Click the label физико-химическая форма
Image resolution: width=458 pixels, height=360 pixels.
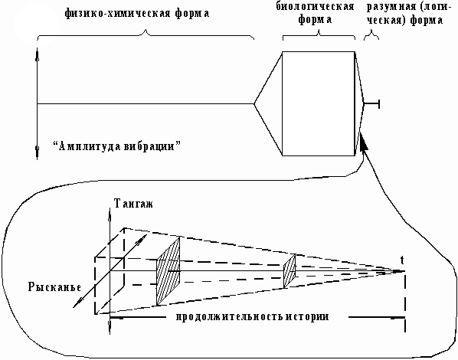tap(136, 14)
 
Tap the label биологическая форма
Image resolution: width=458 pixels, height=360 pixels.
tap(316, 13)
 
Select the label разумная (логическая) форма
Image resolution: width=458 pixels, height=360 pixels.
tap(407, 14)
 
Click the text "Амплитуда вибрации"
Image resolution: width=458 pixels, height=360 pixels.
tap(116, 146)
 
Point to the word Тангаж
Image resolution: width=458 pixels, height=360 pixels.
tap(133, 204)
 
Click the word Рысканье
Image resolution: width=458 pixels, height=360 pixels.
tap(54, 287)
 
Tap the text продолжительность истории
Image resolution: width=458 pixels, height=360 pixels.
tap(253, 317)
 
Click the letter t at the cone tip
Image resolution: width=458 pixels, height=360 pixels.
tap(402, 260)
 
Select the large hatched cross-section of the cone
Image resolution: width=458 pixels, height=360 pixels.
tap(168, 271)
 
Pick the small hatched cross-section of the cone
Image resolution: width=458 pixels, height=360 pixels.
tap(290, 271)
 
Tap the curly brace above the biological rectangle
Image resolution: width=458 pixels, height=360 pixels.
tap(319, 35)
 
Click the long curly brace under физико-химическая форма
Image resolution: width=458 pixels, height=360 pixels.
tap(146, 34)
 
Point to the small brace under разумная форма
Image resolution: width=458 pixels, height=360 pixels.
tap(371, 35)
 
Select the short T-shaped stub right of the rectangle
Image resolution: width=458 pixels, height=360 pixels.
tap(371, 103)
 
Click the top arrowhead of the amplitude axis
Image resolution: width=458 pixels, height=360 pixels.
tap(37, 55)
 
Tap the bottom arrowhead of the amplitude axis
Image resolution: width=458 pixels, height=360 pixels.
tap(37, 152)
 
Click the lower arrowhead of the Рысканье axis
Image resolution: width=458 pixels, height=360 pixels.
tap(77, 304)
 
